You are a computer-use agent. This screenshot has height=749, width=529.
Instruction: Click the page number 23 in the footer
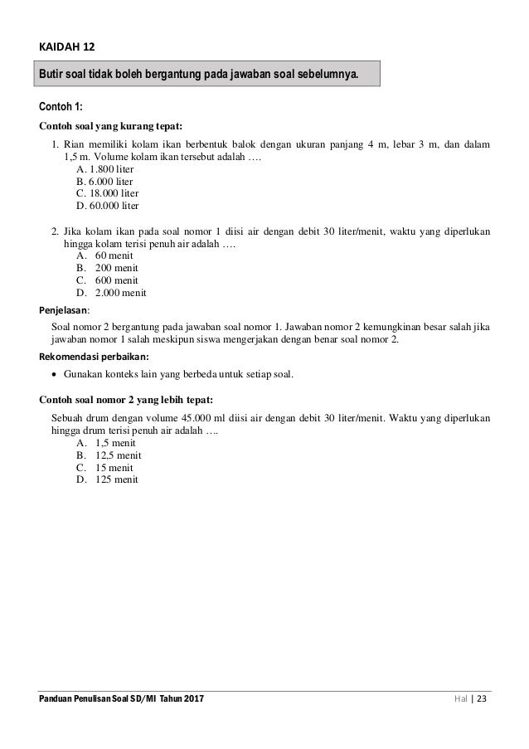483,701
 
